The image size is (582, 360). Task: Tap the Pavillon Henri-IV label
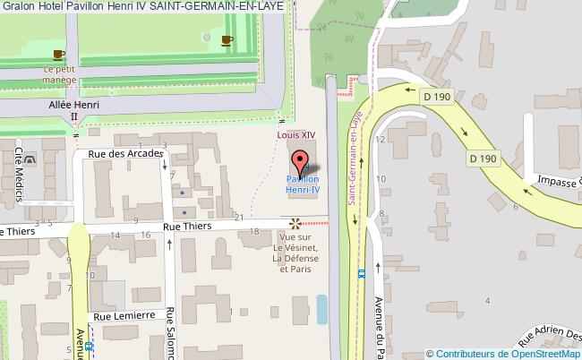point(303,184)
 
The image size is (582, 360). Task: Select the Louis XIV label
point(295,135)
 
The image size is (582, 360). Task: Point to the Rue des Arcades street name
point(125,153)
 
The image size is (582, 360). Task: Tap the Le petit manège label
point(59,73)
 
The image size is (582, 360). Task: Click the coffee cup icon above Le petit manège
point(59,55)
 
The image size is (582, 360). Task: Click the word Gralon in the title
point(18,6)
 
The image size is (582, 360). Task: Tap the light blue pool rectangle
point(321,310)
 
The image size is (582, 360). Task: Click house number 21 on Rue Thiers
point(239,218)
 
